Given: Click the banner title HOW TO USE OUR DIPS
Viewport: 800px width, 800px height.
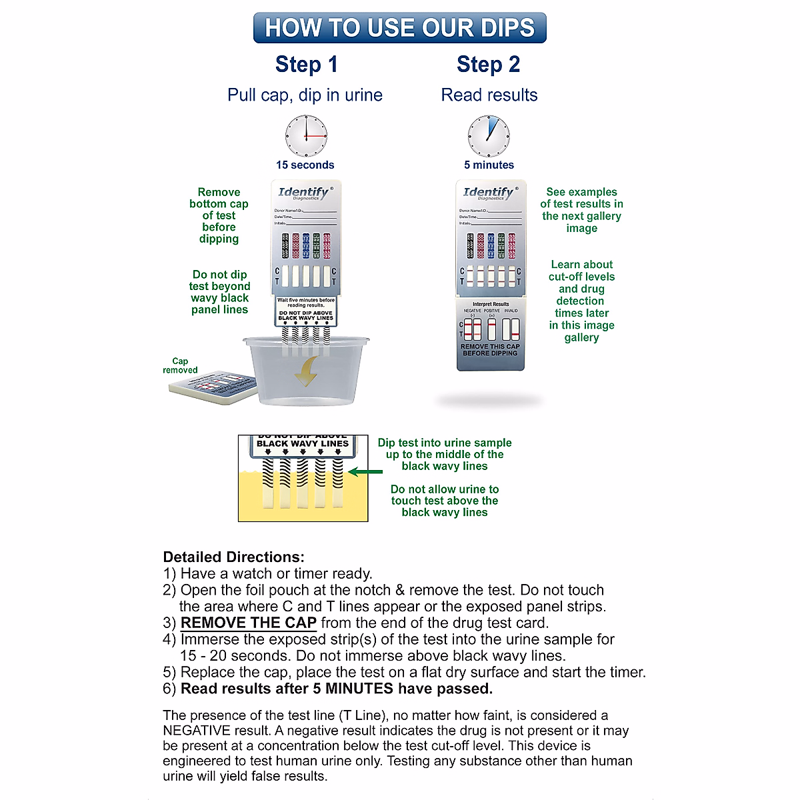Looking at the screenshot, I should pyautogui.click(x=400, y=28).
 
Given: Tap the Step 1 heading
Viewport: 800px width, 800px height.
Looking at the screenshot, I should pyautogui.click(x=307, y=65).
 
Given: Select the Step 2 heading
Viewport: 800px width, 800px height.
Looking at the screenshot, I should pyautogui.click(x=488, y=65).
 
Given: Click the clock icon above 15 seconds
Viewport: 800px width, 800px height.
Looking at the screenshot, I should pyautogui.click(x=306, y=136).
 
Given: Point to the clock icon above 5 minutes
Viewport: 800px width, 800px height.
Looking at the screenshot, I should pyautogui.click(x=489, y=136).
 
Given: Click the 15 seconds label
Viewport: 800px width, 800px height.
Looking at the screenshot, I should pyautogui.click(x=305, y=165).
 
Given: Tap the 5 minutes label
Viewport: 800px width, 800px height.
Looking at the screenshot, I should pyautogui.click(x=489, y=165).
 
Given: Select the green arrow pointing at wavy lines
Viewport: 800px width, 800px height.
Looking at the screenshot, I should pyautogui.click(x=365, y=472).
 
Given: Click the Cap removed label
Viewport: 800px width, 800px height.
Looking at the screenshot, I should pyautogui.click(x=180, y=365).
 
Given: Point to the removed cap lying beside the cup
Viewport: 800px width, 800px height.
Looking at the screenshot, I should pyautogui.click(x=213, y=387).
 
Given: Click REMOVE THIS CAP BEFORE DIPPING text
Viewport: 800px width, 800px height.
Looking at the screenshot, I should pyautogui.click(x=490, y=350).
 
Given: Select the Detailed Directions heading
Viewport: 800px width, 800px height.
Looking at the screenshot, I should pyautogui.click(x=233, y=557).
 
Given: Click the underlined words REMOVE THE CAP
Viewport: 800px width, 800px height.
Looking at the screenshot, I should pyautogui.click(x=248, y=623).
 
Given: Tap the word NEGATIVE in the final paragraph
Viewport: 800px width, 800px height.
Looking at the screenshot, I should pyautogui.click(x=197, y=731).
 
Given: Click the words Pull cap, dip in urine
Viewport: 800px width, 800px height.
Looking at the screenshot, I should pyautogui.click(x=305, y=95).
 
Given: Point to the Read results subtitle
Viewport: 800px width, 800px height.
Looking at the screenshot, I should pyautogui.click(x=489, y=95).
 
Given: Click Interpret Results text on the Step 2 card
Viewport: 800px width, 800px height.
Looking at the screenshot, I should pyautogui.click(x=491, y=304).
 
